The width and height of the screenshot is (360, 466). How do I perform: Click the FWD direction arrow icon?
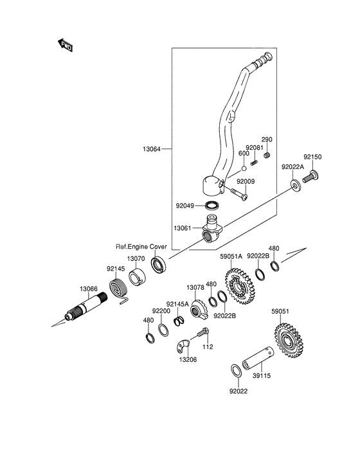coord(65,45)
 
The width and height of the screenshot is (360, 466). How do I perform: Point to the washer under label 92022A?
coord(294,186)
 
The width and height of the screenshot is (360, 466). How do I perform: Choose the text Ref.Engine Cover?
coord(141,246)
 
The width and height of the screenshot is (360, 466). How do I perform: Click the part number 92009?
coord(246,181)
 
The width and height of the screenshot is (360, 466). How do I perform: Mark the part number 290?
coord(267,139)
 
